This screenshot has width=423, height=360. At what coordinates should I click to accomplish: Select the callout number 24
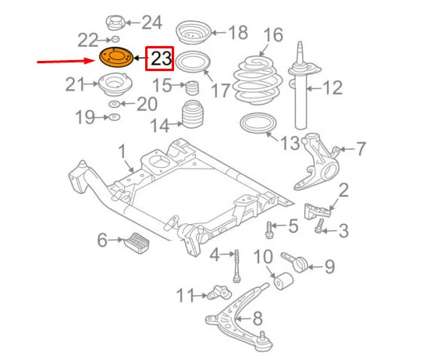click(x=151, y=22)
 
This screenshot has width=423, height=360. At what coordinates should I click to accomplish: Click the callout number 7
click(x=361, y=147)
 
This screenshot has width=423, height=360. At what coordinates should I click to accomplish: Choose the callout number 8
click(x=258, y=319)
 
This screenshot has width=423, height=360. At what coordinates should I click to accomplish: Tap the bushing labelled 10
click(x=283, y=280)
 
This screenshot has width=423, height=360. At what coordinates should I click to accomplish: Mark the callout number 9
click(x=329, y=267)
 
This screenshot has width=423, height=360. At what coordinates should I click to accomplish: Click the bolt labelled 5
click(x=270, y=229)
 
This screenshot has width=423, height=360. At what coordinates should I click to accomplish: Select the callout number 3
click(x=343, y=230)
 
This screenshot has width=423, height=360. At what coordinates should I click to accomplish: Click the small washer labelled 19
click(x=113, y=118)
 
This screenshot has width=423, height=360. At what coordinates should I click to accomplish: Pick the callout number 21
click(x=75, y=84)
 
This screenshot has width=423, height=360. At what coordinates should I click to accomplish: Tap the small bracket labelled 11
click(x=220, y=294)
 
